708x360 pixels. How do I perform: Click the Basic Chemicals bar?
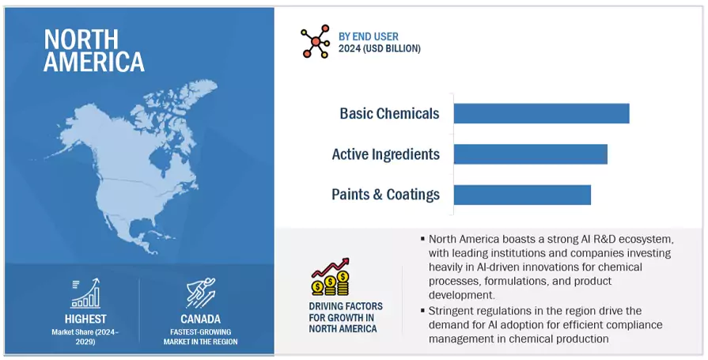[541, 113]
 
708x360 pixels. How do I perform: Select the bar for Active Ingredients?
[531, 154]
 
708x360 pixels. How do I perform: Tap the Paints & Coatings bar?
[522, 195]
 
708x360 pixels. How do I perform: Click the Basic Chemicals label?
[389, 113]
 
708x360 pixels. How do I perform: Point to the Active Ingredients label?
[385, 154]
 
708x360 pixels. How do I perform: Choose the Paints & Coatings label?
[385, 194]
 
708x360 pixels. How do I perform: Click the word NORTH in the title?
[81, 40]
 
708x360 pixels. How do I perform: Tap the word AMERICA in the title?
[94, 62]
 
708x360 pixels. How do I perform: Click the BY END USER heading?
[369, 36]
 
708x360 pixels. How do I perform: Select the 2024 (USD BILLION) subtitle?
[379, 48]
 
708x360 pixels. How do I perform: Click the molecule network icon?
[315, 42]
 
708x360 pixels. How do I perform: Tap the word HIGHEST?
[85, 319]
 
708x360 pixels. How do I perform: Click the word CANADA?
[200, 319]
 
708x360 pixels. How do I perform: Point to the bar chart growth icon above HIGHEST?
[85, 294]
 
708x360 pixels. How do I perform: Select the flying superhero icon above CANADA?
[201, 294]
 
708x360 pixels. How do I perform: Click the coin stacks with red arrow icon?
[331, 277]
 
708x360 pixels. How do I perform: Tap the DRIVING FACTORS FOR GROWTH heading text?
[346, 317]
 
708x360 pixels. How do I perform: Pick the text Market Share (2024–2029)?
[85, 336]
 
